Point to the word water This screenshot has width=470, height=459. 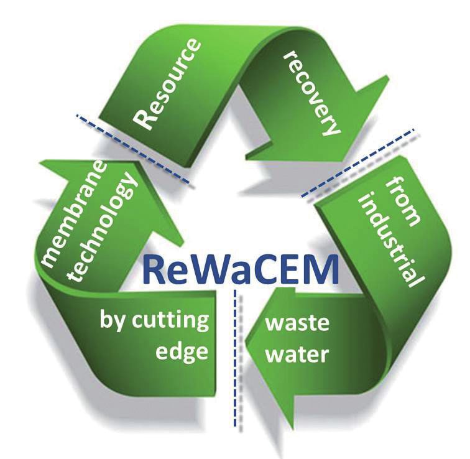[x=297, y=355]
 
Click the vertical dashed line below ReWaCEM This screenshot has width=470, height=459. [x=235, y=358]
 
